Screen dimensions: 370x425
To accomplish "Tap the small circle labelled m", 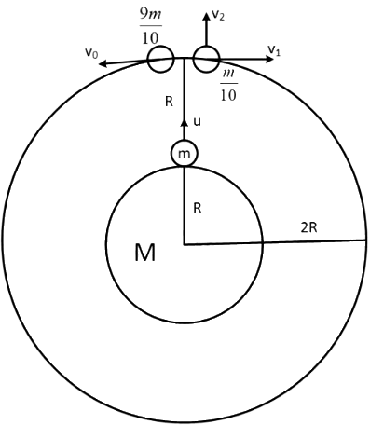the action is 185,152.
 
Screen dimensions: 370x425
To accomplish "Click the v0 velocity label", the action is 90,54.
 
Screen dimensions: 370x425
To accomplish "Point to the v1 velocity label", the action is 274,48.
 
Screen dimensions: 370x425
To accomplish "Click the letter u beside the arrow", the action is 197,121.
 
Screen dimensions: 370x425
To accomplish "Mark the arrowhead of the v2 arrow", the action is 206,15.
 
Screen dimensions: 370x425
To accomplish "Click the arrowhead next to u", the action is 185,119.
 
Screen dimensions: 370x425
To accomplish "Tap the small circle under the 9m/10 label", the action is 161,60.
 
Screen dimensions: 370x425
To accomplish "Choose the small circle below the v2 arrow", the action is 206,60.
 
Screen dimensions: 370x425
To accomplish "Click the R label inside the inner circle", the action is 197,209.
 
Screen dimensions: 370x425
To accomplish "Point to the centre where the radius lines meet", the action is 185,244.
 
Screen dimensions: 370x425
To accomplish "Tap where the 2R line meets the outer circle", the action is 364,240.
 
